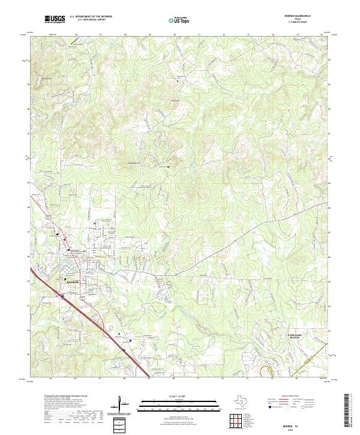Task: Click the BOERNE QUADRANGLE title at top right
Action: click(x=310, y=17)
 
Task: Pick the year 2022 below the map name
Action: click(x=290, y=429)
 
